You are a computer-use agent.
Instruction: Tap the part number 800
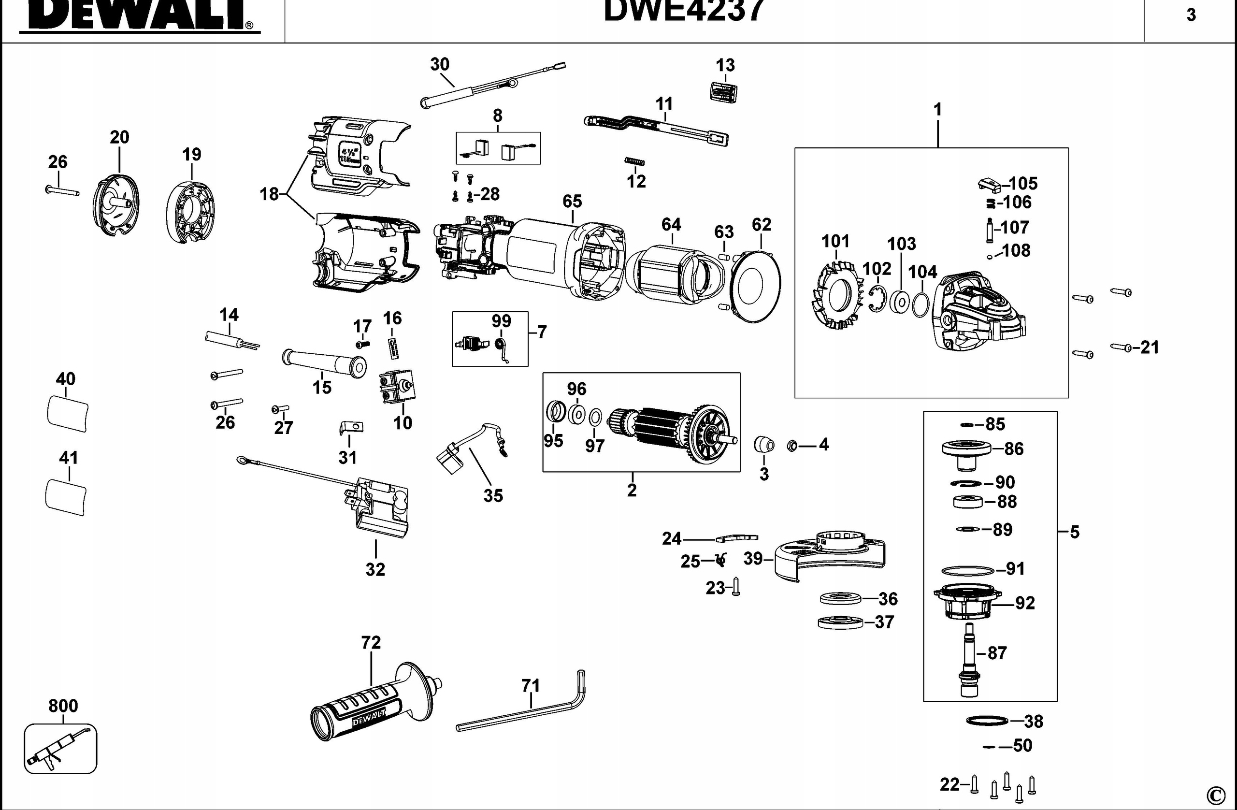63,706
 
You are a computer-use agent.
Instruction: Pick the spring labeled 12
634,162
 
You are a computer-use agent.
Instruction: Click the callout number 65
572,201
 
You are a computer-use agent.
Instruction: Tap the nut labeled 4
792,445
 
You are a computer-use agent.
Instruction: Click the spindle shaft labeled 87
969,660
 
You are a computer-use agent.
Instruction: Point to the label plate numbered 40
68,413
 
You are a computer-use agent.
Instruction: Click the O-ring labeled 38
987,721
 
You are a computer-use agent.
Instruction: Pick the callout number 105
1023,184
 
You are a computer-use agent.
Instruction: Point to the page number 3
1191,15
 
